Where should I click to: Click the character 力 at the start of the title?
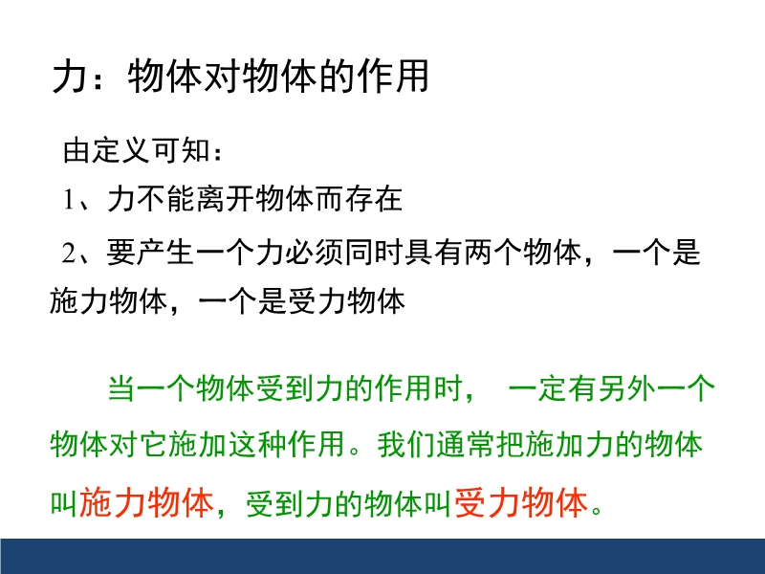tap(69, 77)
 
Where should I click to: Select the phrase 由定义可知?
tap(137, 150)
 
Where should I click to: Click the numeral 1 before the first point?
tap(68, 199)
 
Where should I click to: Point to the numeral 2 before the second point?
tap(69, 253)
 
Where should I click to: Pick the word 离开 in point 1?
tap(226, 199)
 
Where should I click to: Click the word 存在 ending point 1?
tap(374, 199)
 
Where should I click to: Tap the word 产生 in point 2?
tap(164, 253)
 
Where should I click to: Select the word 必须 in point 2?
tap(315, 253)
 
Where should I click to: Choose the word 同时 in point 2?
tap(374, 253)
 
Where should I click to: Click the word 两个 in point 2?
tap(492, 253)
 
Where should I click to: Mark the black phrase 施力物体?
tap(108, 300)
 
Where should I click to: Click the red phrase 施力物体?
tap(146, 503)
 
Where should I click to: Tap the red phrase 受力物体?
tap(521, 503)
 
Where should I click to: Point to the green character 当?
tap(121, 389)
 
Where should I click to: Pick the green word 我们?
tap(405, 444)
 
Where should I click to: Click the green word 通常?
tap(466, 444)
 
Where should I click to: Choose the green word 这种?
tap(257, 444)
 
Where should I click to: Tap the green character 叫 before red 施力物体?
tap(64, 504)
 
